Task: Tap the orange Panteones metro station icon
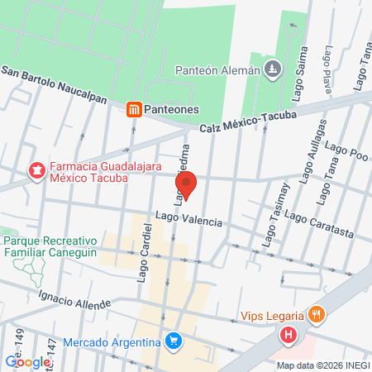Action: (x=133, y=108)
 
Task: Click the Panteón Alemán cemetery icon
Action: (x=274, y=69)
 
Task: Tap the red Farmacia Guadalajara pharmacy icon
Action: (x=36, y=171)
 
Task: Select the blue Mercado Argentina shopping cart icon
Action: (x=172, y=341)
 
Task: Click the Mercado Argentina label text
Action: (x=112, y=342)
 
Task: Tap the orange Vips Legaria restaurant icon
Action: (x=316, y=315)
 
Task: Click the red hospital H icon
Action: (x=288, y=336)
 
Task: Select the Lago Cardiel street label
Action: (x=145, y=251)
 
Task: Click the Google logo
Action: (x=28, y=361)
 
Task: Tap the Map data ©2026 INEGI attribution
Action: (x=322, y=365)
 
